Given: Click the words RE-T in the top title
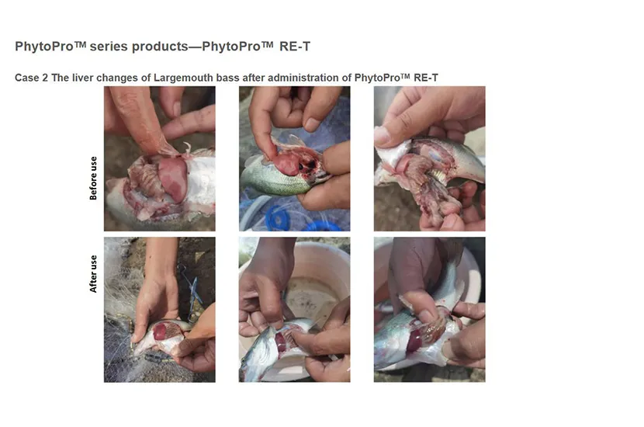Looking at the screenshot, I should [x=295, y=47].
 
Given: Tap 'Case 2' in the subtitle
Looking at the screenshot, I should [x=31, y=78].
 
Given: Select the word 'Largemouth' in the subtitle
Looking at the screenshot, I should [x=184, y=78].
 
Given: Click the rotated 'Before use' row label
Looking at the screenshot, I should [x=94, y=179].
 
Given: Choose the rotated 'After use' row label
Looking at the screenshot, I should [x=94, y=273].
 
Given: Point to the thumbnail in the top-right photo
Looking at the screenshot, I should [x=383, y=136].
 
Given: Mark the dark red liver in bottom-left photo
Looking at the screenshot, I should [x=165, y=332].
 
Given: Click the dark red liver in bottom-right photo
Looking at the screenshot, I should [x=415, y=340].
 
